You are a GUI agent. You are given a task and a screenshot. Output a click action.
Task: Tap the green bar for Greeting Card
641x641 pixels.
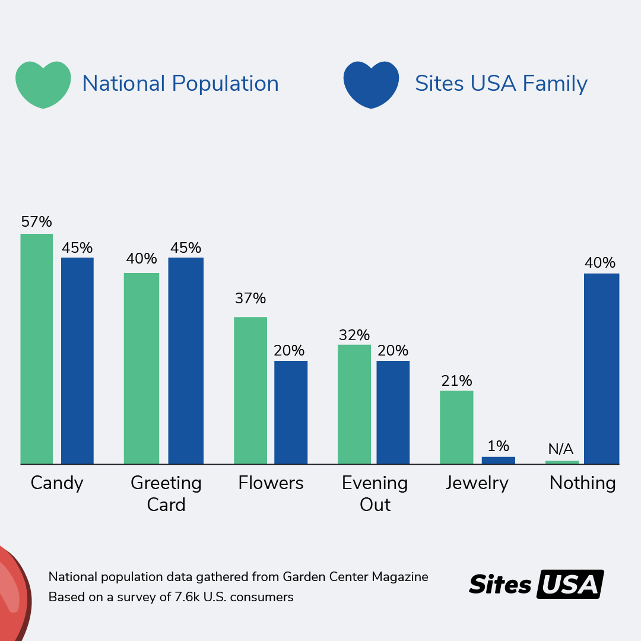tap(141, 369)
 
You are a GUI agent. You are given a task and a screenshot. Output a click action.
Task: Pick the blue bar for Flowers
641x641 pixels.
tap(291, 412)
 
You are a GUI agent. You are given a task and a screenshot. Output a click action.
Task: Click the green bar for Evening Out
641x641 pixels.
tap(354, 404)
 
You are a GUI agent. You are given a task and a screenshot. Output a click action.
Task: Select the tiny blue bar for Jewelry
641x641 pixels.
tap(498, 460)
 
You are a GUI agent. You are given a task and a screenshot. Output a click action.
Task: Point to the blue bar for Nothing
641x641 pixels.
tap(601, 369)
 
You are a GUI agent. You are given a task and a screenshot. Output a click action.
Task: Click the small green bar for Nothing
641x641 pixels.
tap(561, 462)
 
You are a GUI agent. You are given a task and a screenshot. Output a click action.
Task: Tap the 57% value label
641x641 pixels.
tap(37, 222)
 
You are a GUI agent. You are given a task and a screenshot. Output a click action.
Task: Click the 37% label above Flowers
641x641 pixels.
tap(250, 299)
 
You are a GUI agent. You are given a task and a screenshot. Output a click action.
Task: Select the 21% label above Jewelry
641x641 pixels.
tap(456, 381)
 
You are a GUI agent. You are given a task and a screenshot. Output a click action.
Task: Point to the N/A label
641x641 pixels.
tap(561, 449)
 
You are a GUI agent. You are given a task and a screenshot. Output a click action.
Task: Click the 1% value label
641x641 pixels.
tap(498, 446)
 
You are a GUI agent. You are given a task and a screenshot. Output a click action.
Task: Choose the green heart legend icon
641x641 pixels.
tap(43, 84)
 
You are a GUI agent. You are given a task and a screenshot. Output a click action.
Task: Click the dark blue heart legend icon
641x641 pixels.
tap(371, 84)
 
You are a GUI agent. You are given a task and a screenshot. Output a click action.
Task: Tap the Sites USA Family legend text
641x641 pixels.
tap(501, 84)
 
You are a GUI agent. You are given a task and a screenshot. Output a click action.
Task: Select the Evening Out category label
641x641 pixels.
tap(375, 494)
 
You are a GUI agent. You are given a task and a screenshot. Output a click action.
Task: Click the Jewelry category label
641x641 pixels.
tap(477, 483)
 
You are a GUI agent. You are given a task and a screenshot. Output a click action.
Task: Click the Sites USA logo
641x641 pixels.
tap(536, 584)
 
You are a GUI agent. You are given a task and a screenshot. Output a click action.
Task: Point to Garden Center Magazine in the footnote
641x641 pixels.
tap(355, 577)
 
